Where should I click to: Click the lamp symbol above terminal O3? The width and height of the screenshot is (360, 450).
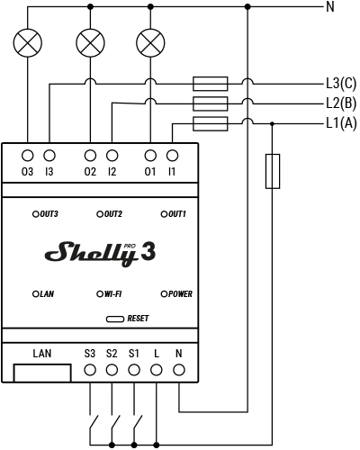pos(28,41)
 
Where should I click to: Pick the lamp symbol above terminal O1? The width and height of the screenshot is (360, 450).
pos(150,41)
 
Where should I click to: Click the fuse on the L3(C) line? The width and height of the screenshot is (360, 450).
pos(211,83)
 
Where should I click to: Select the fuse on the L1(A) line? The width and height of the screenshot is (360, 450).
pos(211,122)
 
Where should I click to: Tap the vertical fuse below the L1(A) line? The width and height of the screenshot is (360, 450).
pos(272,171)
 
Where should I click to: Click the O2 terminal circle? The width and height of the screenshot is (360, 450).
pos(89,155)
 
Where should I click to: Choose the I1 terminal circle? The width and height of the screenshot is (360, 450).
pos(171,155)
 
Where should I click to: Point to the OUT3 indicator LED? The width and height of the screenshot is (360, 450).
pos(37,214)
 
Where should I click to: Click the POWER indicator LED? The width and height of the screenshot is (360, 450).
pos(164,293)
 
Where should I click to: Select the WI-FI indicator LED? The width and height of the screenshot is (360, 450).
pos(100,293)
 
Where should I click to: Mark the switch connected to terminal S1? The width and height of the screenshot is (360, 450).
pos(136,422)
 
